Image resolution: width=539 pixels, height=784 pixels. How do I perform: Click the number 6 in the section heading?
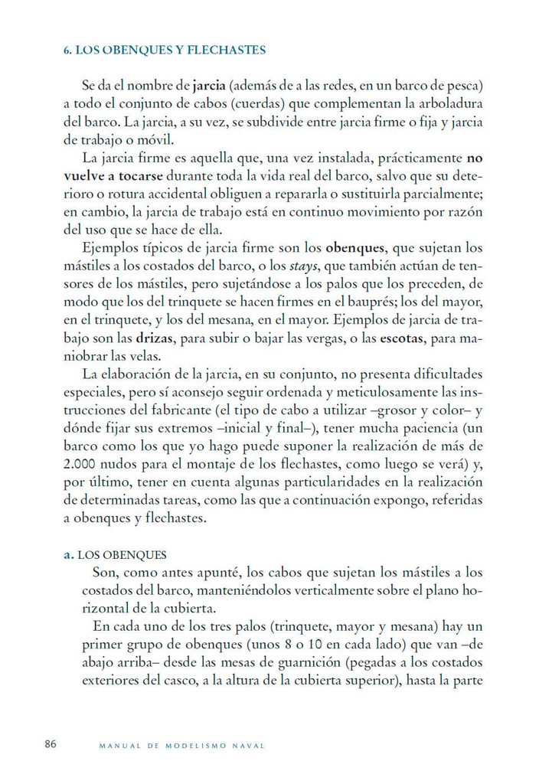tap(66, 51)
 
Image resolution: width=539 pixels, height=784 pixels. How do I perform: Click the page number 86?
tap(51, 743)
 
